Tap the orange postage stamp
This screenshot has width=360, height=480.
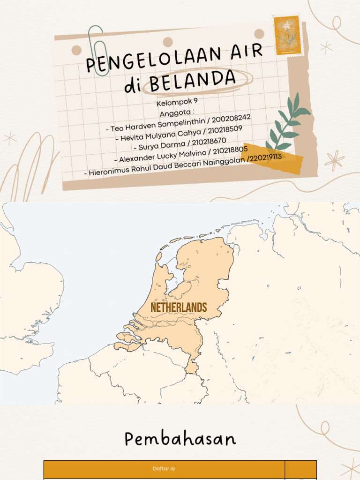pos(287,35)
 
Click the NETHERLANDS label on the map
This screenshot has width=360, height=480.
pos(179,307)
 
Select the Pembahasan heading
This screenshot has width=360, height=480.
pos(180,439)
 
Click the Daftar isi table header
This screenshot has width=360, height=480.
pos(164,469)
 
